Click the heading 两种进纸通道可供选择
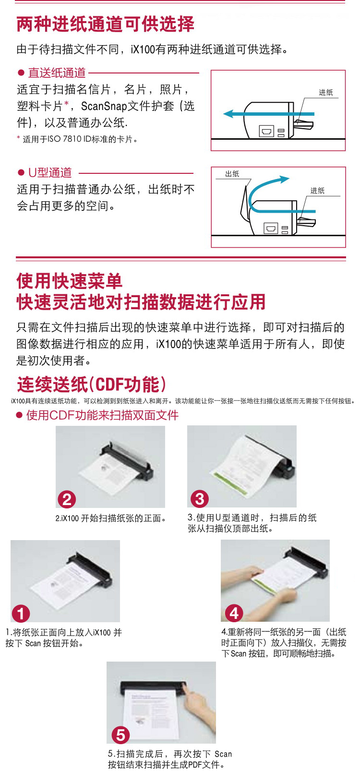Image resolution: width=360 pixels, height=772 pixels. point(105,24)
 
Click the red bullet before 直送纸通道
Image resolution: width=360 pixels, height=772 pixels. point(21,72)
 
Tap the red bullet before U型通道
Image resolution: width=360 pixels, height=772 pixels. point(21,173)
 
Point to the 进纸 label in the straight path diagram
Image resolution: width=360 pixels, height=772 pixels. point(325,92)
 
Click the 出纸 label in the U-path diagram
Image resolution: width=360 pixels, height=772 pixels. point(232,174)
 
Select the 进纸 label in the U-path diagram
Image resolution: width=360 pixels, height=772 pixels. point(317,191)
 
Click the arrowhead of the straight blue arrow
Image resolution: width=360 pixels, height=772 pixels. point(229,114)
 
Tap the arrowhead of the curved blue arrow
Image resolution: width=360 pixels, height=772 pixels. point(284,179)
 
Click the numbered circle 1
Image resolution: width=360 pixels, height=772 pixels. point(21,614)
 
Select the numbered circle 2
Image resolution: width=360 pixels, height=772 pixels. point(67,499)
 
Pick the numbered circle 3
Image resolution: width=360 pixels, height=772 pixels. point(200,499)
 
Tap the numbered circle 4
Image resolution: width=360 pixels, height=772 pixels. point(234,613)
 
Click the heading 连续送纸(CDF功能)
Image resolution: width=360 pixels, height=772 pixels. point(92,385)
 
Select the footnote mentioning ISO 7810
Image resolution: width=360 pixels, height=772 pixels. point(77,139)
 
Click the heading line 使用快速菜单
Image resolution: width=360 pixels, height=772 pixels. point(69,281)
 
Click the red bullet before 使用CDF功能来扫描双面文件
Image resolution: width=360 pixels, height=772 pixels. point(19,415)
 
